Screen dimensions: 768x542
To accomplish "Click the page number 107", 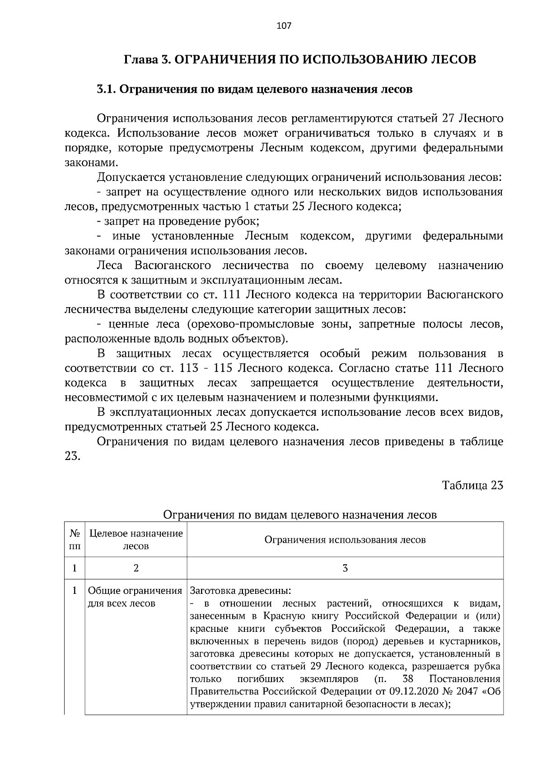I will point(284,26).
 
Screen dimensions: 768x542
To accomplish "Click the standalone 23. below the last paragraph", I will point(73,456).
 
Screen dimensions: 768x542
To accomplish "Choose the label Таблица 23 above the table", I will point(472,485).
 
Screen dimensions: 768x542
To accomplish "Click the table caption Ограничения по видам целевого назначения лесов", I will point(299,515).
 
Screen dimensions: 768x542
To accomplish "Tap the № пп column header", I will point(75,540).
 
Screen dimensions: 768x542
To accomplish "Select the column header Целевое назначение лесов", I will point(136,540).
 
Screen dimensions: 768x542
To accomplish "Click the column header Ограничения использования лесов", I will point(345,540).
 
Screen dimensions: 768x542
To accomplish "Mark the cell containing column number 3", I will point(345,568).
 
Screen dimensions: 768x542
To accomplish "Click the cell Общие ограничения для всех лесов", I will point(135,597).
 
